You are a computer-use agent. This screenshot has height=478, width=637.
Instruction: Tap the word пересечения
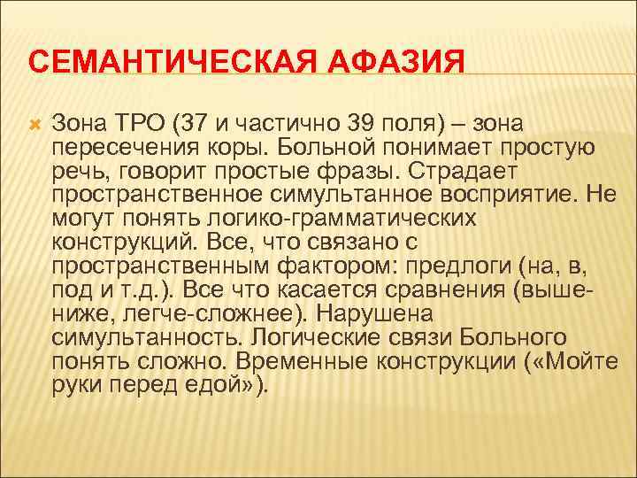point(121,146)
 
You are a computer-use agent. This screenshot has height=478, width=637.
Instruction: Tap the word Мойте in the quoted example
point(558,361)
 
